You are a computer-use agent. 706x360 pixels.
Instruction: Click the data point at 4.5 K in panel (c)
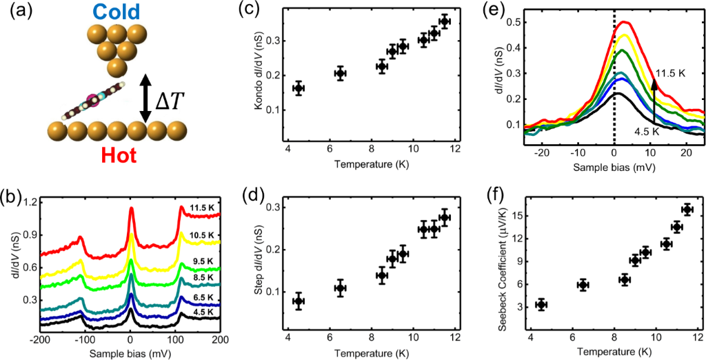[299, 88]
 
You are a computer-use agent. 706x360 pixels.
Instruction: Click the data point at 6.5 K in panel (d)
[340, 288]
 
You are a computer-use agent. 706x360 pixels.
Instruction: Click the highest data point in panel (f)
[687, 210]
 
